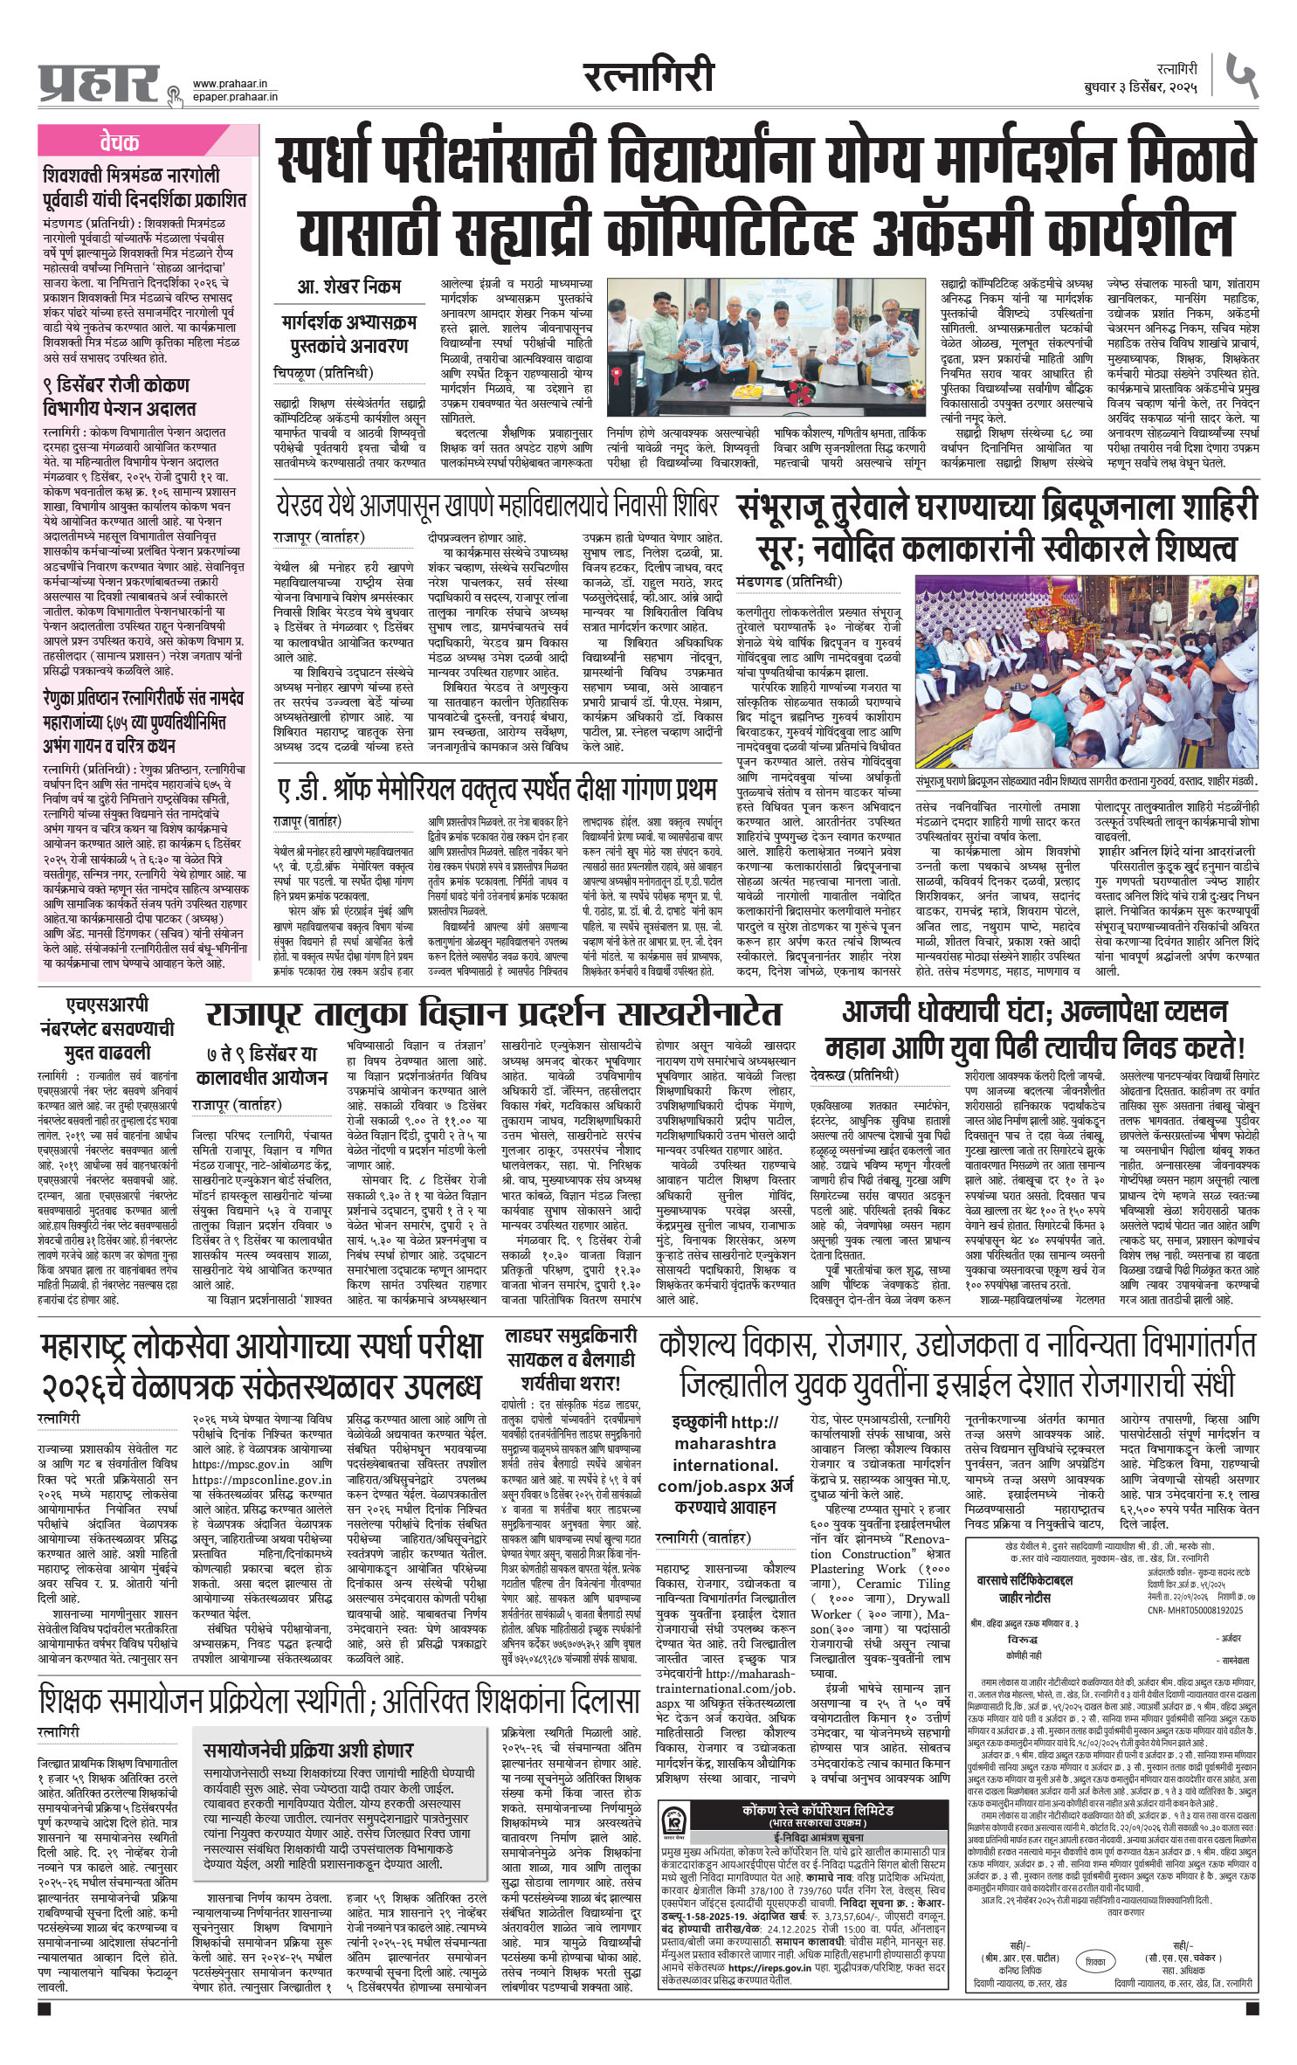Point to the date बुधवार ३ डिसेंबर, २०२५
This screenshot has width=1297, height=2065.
1143,88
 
